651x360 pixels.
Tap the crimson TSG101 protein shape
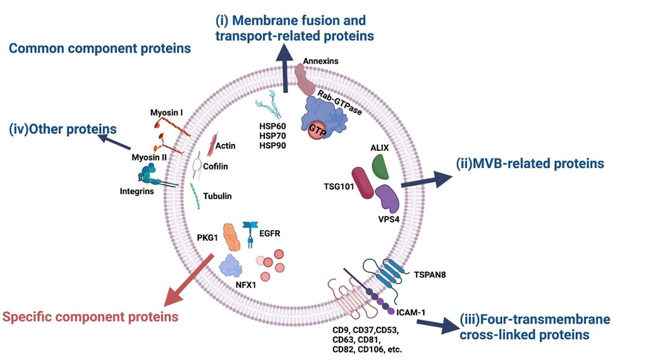tap(362, 184)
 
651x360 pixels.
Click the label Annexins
tap(320, 61)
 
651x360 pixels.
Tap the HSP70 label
tap(272, 136)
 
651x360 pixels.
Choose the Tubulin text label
tap(217, 196)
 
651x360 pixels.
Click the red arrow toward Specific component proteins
tap(188, 278)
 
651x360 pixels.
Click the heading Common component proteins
tap(99, 48)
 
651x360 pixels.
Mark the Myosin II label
tap(149, 157)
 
